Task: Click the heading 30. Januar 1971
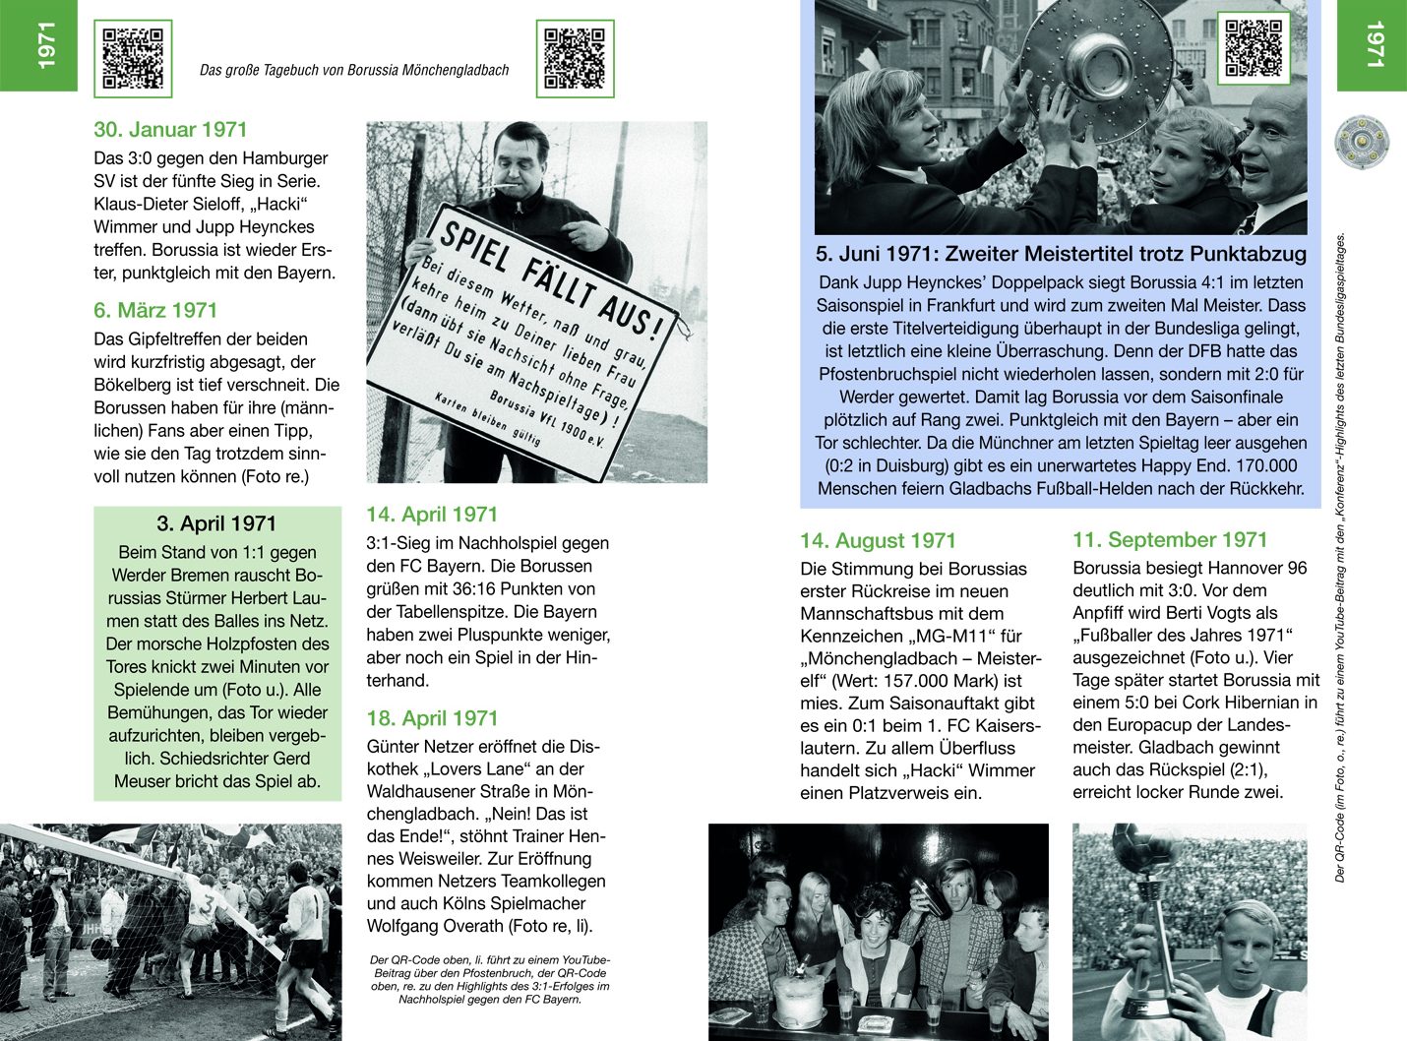point(170,130)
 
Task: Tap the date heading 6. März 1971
point(155,311)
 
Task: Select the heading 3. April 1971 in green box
point(216,524)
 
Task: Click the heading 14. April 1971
point(432,515)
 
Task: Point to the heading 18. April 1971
point(432,718)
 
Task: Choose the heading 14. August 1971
point(878,541)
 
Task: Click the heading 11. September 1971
point(1170,540)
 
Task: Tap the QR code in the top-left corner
point(133,59)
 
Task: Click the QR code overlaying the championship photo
point(1253,47)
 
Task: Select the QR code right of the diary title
point(575,59)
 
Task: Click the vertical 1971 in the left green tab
point(45,45)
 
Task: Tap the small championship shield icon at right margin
point(1362,143)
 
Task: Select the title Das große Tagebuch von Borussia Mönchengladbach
point(354,71)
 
